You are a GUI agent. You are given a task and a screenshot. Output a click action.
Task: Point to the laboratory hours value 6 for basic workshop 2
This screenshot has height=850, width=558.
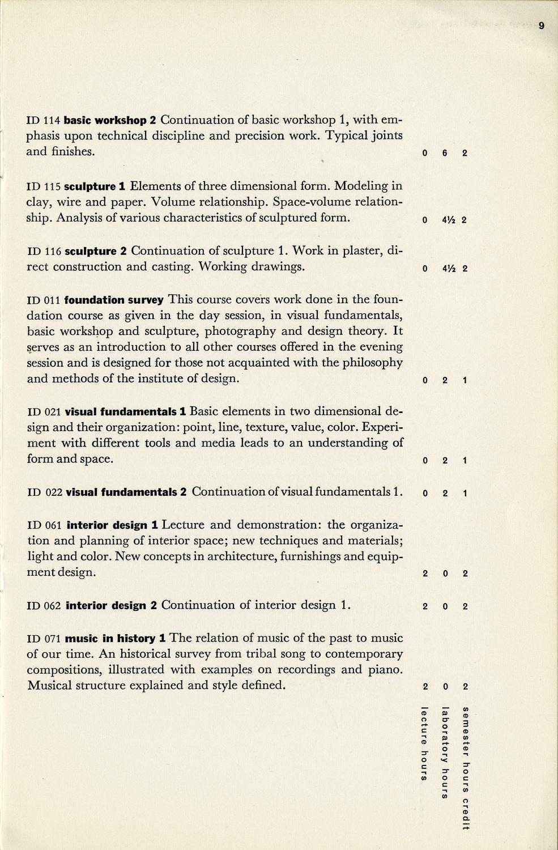click(445, 153)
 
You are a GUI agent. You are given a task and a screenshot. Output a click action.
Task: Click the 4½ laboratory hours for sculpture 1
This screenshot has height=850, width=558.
click(445, 220)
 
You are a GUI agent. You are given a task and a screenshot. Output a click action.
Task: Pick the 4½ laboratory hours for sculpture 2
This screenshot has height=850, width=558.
click(445, 269)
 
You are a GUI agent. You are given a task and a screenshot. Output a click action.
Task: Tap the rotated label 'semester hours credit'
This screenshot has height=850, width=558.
click(465, 768)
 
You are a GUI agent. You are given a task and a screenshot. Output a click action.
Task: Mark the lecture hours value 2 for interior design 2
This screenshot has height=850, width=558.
click(425, 606)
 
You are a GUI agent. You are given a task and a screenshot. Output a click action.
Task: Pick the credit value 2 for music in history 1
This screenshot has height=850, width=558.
click(465, 687)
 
